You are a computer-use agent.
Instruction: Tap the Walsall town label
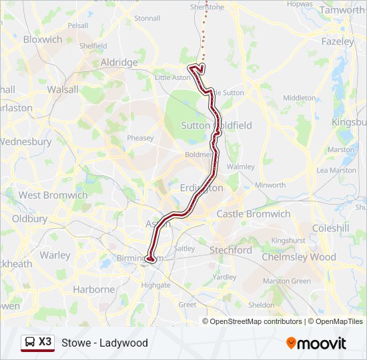click(x=62, y=89)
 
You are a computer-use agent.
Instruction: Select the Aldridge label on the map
click(x=118, y=62)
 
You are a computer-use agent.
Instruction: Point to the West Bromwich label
click(x=53, y=195)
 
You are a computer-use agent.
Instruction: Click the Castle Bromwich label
click(x=253, y=214)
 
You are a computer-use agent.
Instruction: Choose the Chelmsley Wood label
click(x=298, y=257)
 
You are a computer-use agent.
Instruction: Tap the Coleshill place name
click(x=330, y=228)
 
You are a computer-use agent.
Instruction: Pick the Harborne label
click(x=93, y=289)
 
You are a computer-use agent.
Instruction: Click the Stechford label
click(x=230, y=250)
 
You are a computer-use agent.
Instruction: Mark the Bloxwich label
click(x=43, y=39)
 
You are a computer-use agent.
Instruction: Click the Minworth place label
click(x=270, y=185)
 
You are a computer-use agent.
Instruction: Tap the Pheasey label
click(x=140, y=138)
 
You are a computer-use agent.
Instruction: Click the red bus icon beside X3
click(x=30, y=342)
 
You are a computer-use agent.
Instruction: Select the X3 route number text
click(x=45, y=341)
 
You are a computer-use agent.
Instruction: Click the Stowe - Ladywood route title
click(x=105, y=343)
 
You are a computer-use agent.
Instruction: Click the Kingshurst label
click(x=288, y=240)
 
